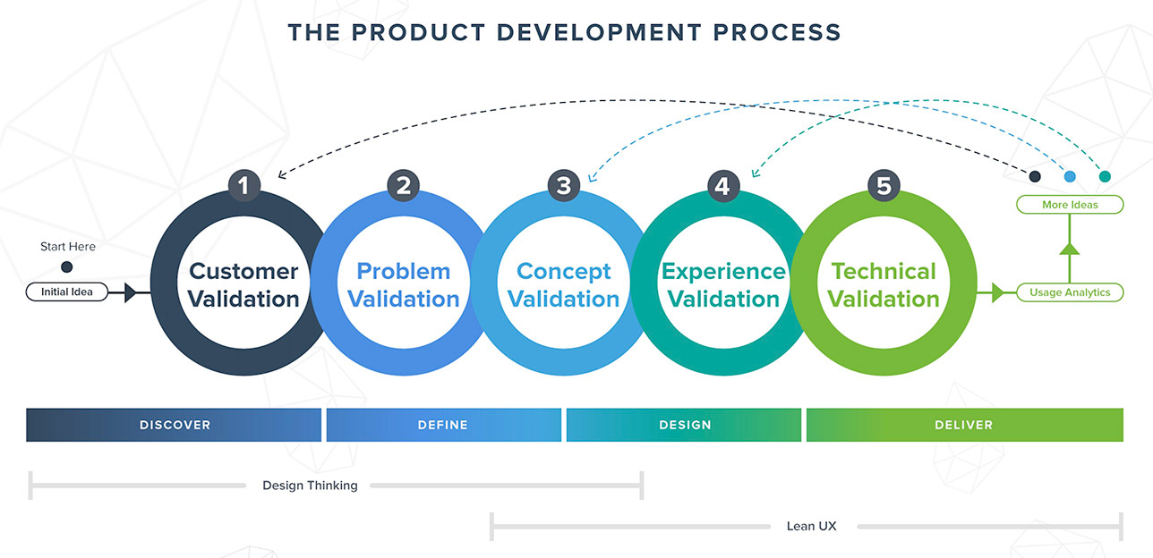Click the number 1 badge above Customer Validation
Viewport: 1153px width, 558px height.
coord(243,186)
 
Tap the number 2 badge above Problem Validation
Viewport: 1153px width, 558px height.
coord(404,186)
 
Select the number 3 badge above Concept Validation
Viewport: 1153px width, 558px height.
coord(563,186)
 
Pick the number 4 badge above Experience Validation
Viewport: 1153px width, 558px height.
coord(723,186)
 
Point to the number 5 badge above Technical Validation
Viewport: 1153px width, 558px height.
coord(884,186)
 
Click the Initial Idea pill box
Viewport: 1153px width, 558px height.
coord(67,292)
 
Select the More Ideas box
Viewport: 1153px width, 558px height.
coord(1069,205)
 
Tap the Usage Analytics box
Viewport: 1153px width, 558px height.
coord(1069,292)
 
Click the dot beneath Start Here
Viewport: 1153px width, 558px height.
coord(66,266)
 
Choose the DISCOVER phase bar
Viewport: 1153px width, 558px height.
coord(174,425)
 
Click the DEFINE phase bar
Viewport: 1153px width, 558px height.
coord(443,425)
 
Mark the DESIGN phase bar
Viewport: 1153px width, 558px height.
coord(684,425)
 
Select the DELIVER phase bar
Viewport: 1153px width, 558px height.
coord(964,425)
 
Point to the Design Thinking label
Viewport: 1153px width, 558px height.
coord(310,486)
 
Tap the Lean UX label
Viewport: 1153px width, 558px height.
coord(811,526)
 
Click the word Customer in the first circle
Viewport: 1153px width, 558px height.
coord(243,271)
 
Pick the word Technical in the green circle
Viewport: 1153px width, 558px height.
coord(884,271)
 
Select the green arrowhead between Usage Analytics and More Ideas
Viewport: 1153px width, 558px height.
coord(1069,247)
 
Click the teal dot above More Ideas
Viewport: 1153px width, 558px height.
coord(1104,176)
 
